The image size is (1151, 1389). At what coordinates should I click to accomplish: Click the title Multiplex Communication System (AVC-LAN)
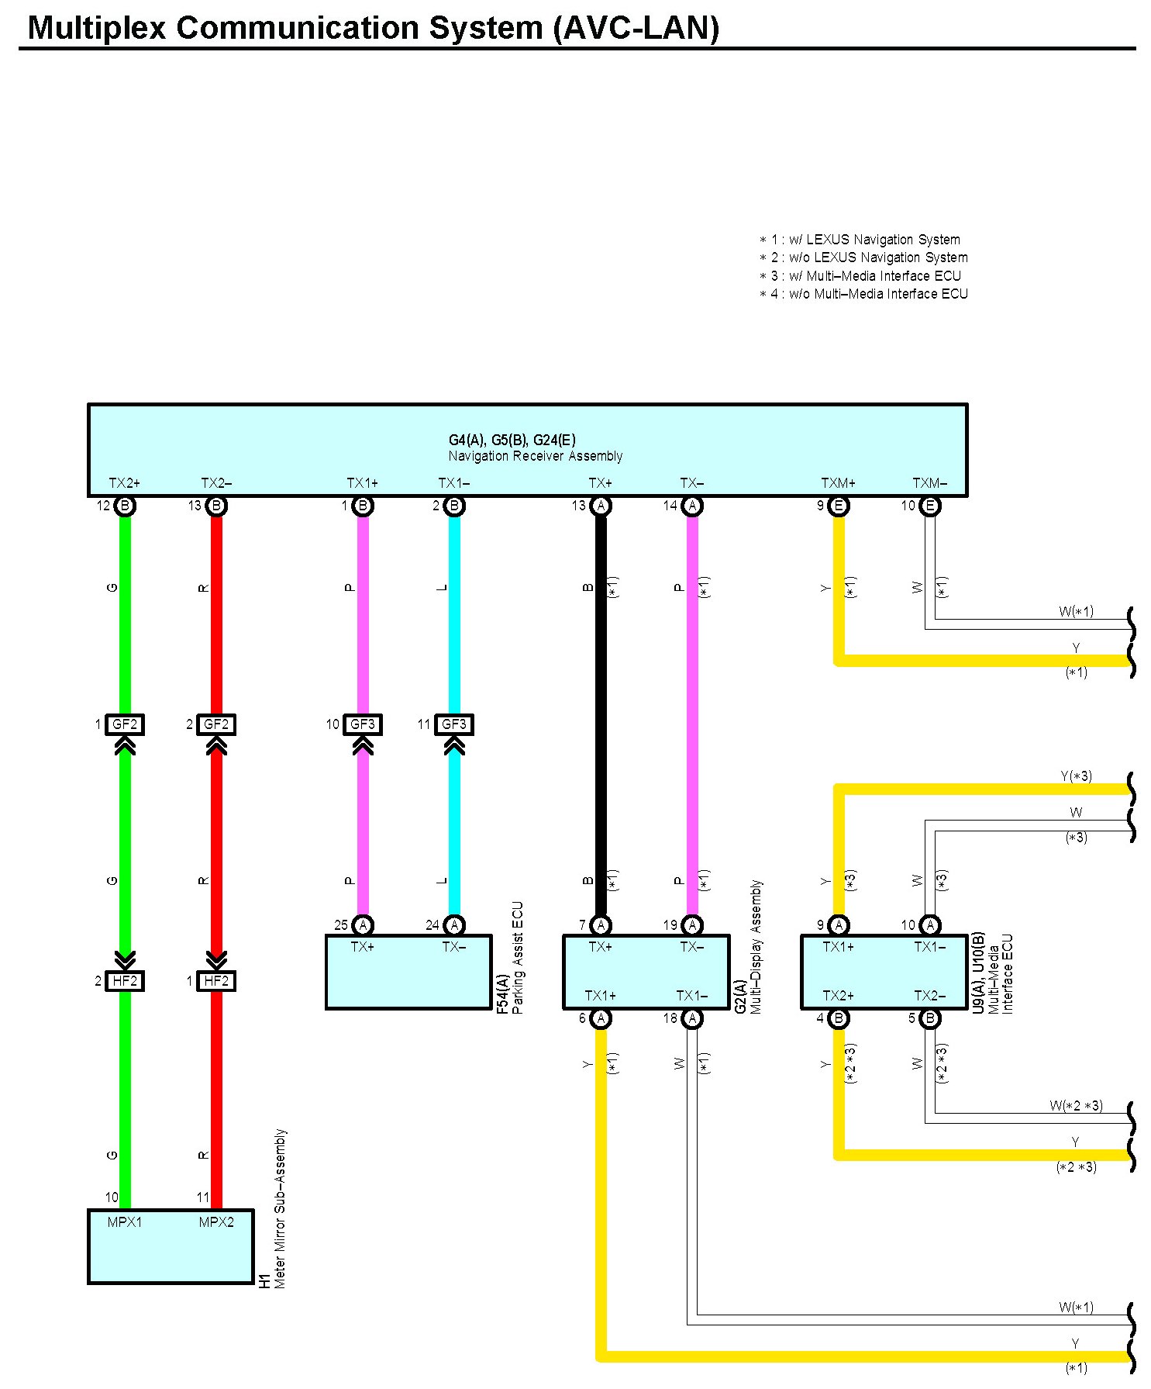click(373, 28)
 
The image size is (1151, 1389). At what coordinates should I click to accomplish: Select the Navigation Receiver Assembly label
click(535, 456)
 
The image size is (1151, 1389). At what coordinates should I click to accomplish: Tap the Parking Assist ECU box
click(408, 972)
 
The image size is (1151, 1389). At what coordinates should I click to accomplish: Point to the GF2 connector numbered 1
click(125, 724)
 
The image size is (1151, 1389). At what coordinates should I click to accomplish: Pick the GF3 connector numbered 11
click(453, 724)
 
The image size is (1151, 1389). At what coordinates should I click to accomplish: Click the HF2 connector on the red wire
click(216, 981)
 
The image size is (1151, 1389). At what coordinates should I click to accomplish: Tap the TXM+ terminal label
click(838, 483)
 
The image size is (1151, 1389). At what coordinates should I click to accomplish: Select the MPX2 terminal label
click(216, 1222)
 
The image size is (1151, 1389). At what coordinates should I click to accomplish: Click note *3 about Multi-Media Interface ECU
click(860, 275)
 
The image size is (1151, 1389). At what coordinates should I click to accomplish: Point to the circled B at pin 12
click(125, 506)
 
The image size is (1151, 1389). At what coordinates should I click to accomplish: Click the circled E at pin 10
click(930, 506)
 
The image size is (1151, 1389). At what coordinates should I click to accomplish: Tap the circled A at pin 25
click(363, 924)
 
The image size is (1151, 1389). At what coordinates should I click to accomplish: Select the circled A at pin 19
click(692, 924)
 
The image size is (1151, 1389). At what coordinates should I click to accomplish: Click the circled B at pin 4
click(839, 1018)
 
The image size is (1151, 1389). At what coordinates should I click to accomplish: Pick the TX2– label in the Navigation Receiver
click(216, 483)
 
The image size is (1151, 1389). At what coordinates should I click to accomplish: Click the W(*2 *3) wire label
click(1076, 1106)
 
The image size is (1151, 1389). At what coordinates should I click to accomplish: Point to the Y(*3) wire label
click(1076, 776)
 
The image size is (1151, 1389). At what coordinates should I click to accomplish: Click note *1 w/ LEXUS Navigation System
click(860, 240)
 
